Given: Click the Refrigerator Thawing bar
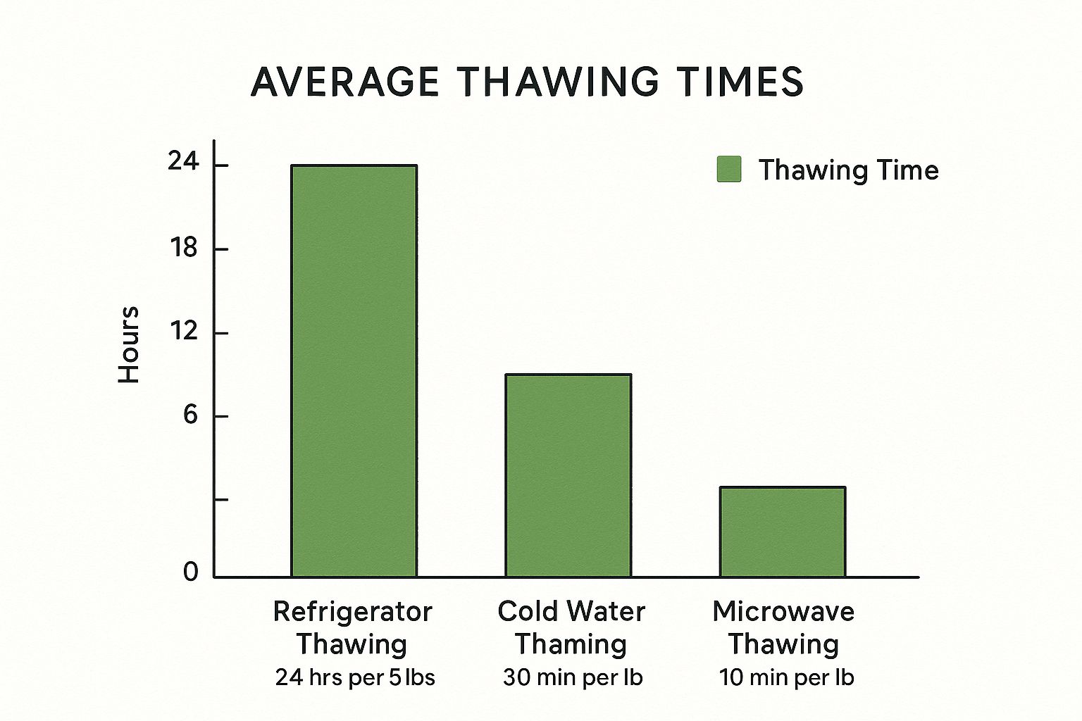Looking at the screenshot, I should (354, 371).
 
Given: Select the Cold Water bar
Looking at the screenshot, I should (568, 475).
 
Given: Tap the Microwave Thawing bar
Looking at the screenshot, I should (782, 532).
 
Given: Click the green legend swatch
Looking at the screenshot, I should (729, 170).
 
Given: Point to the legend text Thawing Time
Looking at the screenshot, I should (848, 170).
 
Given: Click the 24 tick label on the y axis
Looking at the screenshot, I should (183, 163).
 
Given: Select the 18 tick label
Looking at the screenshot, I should (184, 248).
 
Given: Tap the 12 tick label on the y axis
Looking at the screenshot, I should (184, 331).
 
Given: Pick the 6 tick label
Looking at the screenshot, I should (190, 415).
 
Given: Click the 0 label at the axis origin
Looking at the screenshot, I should (191, 572).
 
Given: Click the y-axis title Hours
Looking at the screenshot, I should (129, 345).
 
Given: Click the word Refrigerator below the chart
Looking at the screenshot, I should (352, 611).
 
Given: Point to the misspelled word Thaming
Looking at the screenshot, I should (571, 644).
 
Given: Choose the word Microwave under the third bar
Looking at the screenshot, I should (783, 611).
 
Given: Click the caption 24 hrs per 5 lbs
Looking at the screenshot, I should (355, 677).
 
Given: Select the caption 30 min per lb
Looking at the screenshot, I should (573, 677).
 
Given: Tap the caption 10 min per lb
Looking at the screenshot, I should (786, 677).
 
